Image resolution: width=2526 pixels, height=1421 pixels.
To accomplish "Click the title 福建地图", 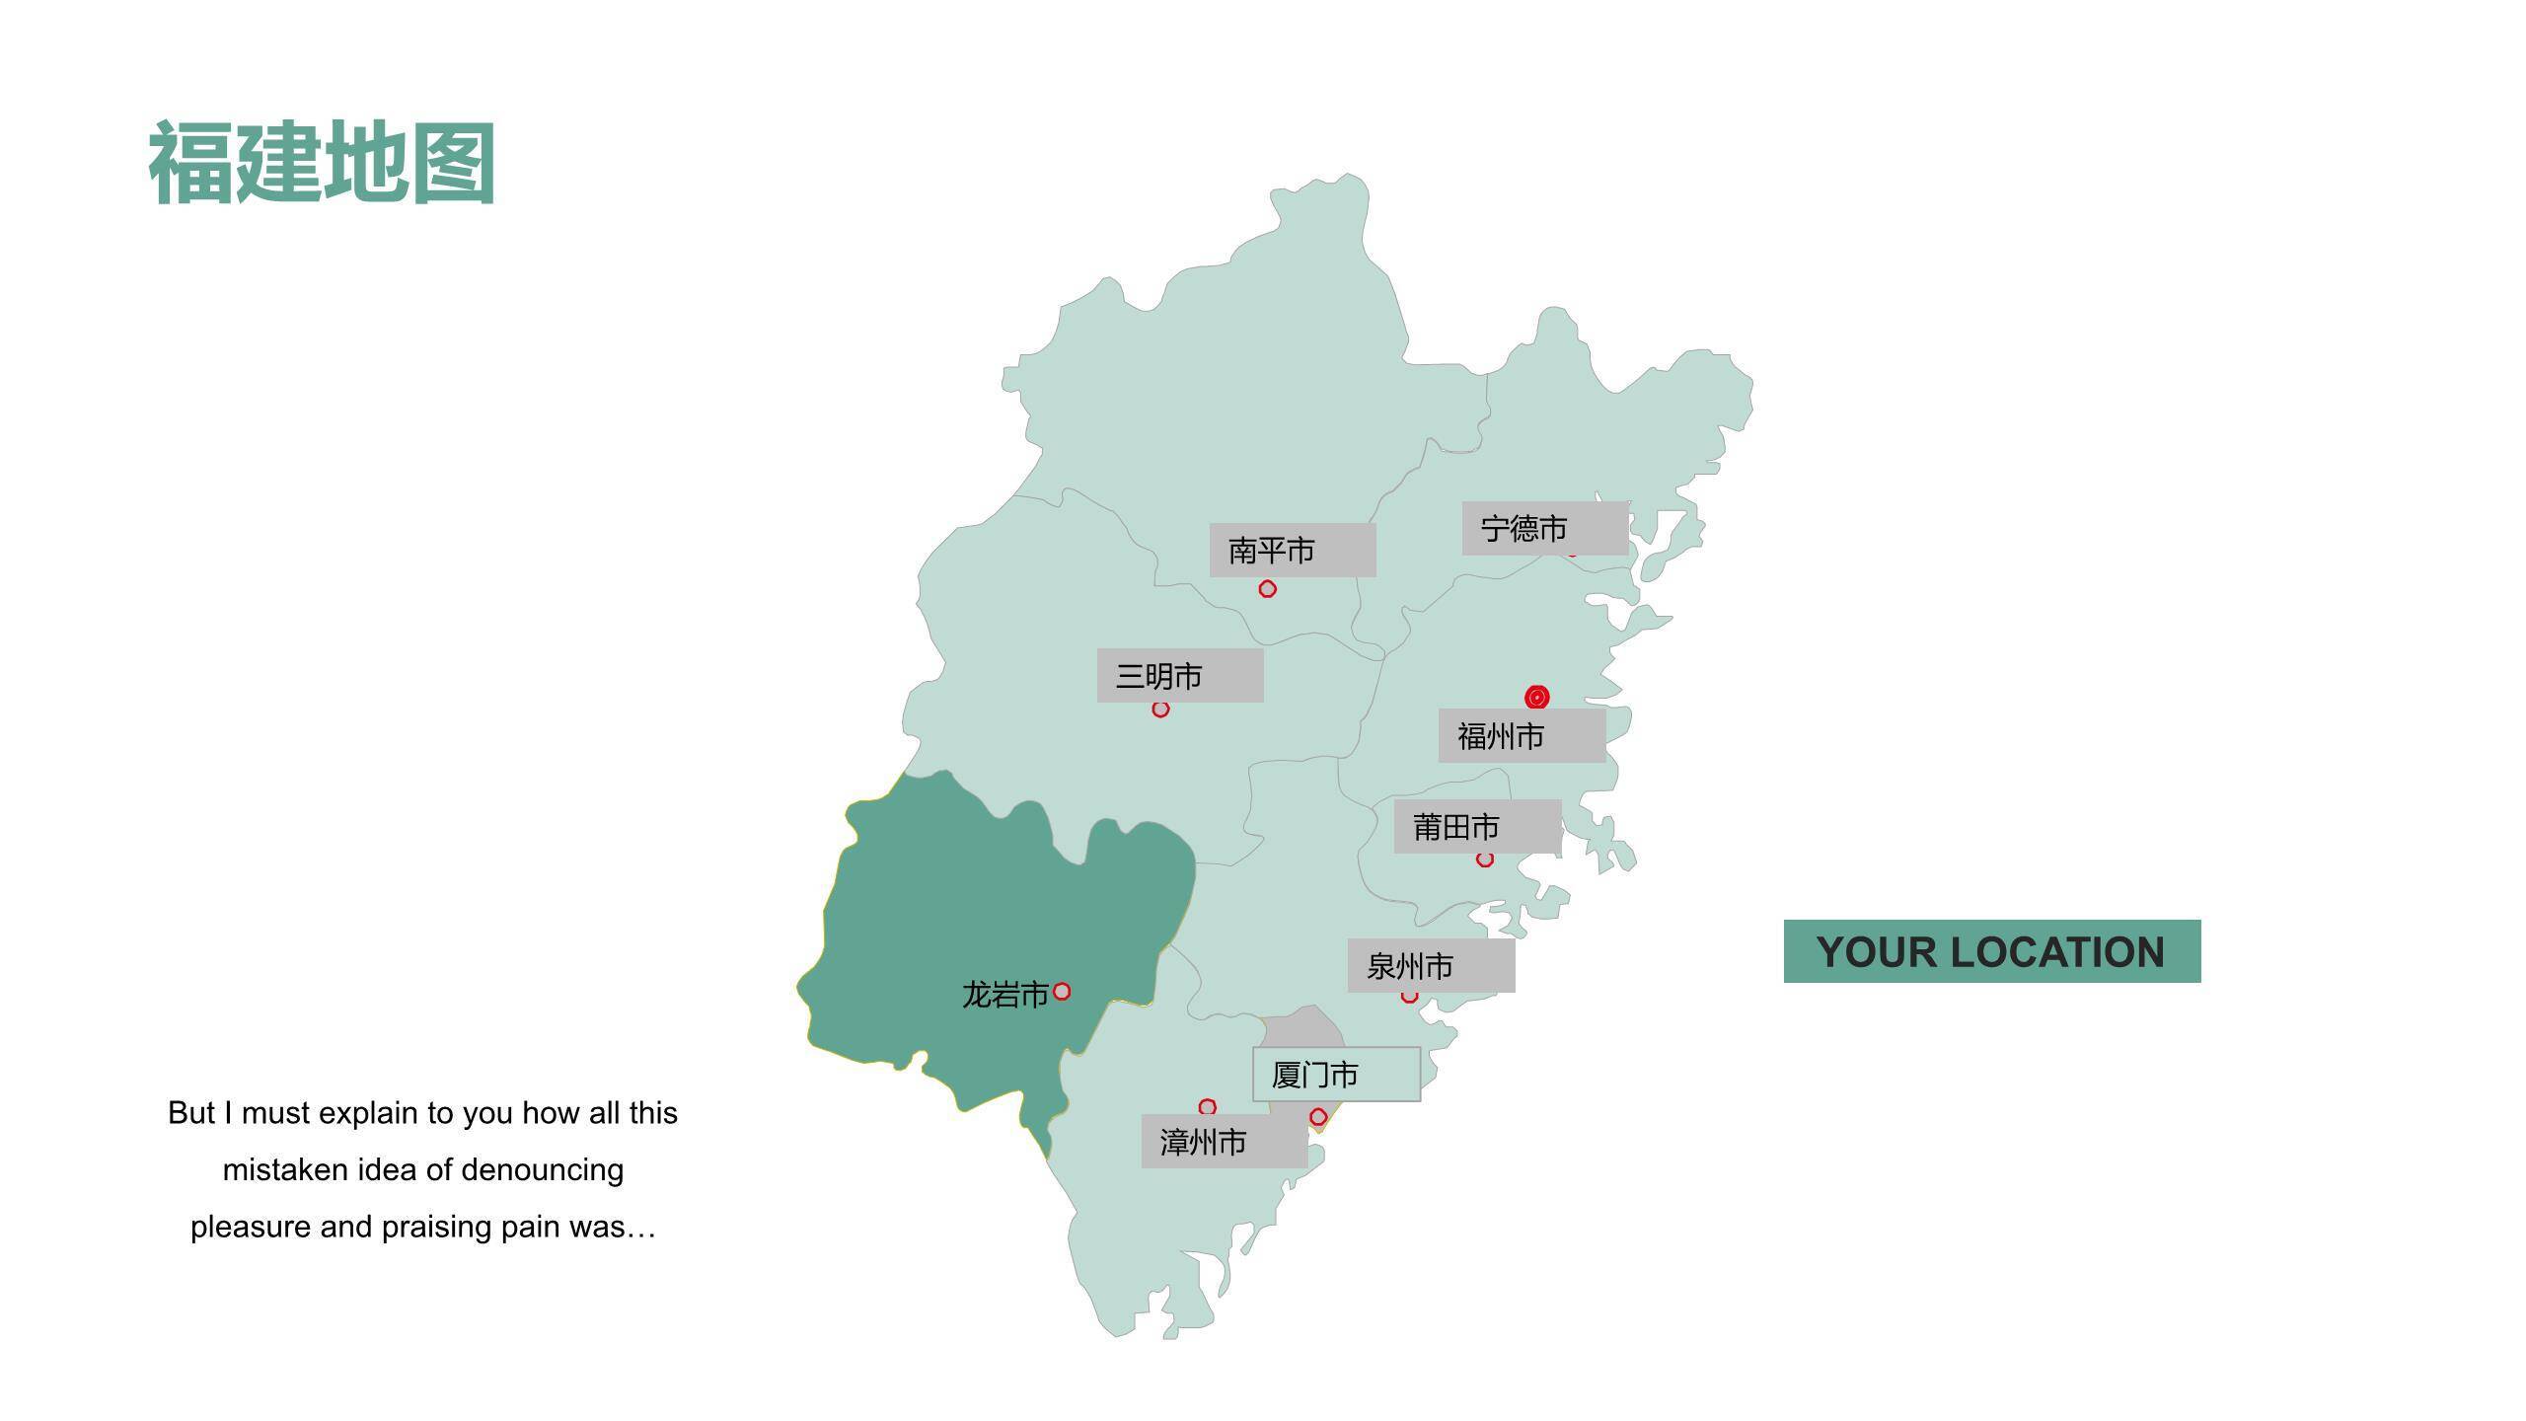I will pyautogui.click(x=322, y=163).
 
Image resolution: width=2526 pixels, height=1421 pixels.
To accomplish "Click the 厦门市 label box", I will pyautogui.click(x=1336, y=1074).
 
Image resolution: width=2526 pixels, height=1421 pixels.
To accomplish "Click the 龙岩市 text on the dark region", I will pyautogui.click(x=1004, y=994).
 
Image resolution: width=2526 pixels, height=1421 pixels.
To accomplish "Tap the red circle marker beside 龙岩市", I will pyautogui.click(x=1062, y=991).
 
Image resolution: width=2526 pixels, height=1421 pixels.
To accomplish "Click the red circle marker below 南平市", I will pyautogui.click(x=1268, y=589).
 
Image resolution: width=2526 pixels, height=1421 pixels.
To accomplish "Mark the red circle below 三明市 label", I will pyautogui.click(x=1160, y=710).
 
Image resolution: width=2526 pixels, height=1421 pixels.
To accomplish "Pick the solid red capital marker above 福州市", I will pyautogui.click(x=1536, y=697).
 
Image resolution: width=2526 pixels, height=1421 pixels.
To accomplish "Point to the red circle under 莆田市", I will pyautogui.click(x=1485, y=860).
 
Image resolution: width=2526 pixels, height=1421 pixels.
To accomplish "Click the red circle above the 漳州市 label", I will pyautogui.click(x=1207, y=1107).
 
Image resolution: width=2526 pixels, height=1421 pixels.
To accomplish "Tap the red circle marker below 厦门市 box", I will pyautogui.click(x=1318, y=1117).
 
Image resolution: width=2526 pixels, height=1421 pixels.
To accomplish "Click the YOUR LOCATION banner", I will pyautogui.click(x=1991, y=951).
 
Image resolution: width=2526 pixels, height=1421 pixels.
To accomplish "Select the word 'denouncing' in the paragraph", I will pyautogui.click(x=542, y=1170).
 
